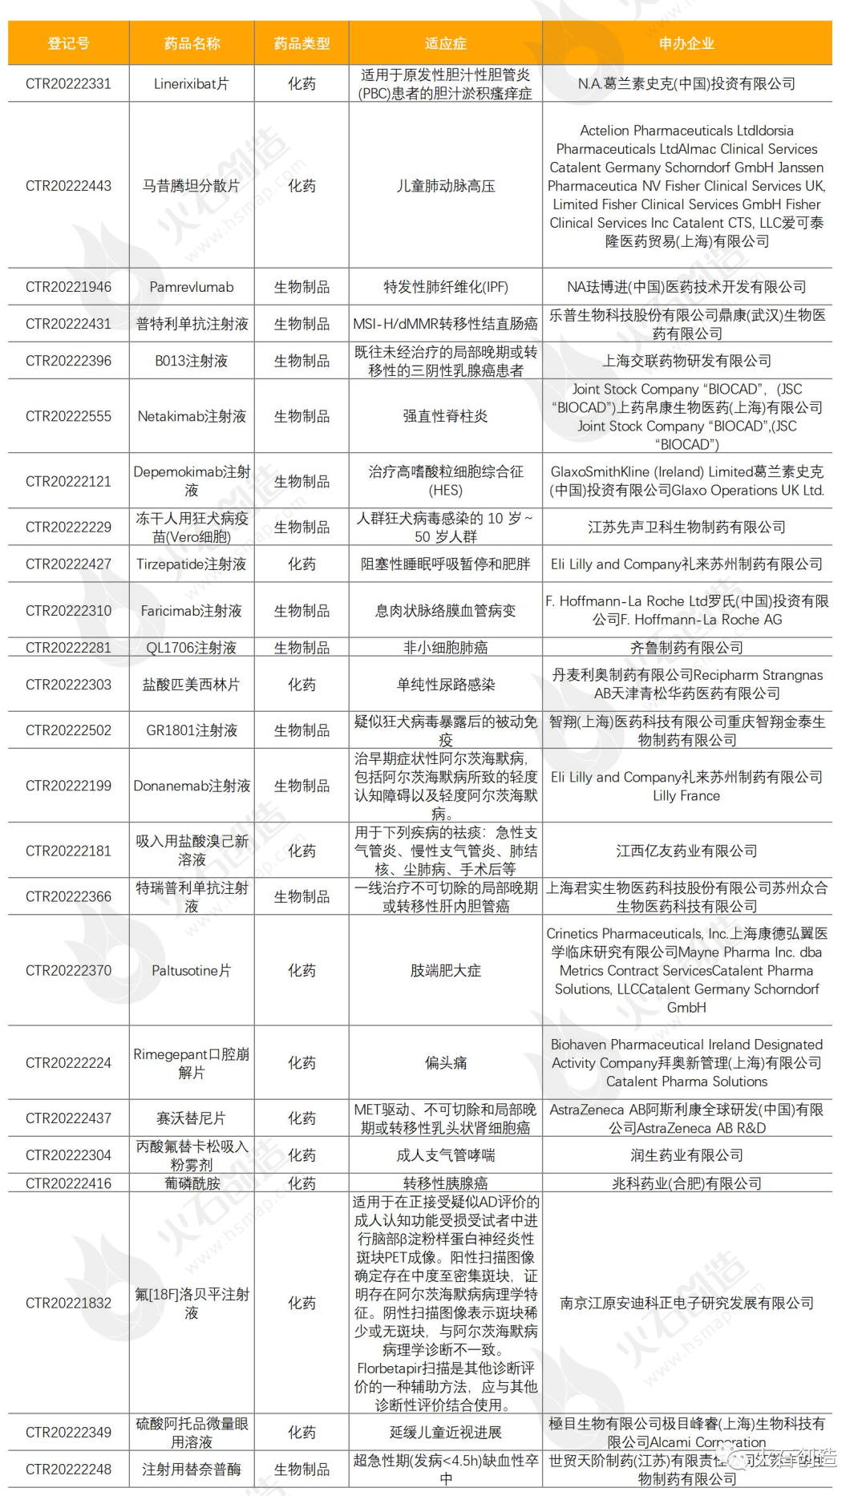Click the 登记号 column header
pos(68,43)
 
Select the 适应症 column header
pos(445,43)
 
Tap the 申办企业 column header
pos(686,43)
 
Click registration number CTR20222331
pos(68,83)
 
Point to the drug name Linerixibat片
pos(191,83)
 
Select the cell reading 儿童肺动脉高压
pos(445,186)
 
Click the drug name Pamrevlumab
pos(191,287)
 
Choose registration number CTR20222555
pos(68,416)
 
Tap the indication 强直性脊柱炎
pos(445,416)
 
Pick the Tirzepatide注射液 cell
pos(191,564)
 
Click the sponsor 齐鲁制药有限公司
pos(686,648)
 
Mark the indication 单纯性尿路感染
pos(445,685)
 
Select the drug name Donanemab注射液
pos(191,786)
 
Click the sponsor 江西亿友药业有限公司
pos(686,851)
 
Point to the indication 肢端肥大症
pos(445,971)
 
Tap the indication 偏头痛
pos(445,1063)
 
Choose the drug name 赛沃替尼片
pos(191,1118)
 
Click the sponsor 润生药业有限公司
pos(686,1155)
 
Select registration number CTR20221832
pos(68,1303)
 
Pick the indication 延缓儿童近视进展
pos(445,1433)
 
